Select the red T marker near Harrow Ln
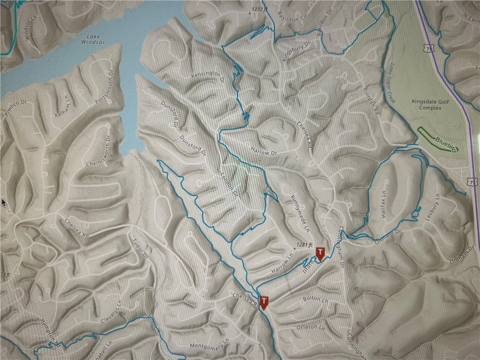(x=320, y=253)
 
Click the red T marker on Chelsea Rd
(x=264, y=302)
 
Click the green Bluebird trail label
(x=445, y=142)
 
